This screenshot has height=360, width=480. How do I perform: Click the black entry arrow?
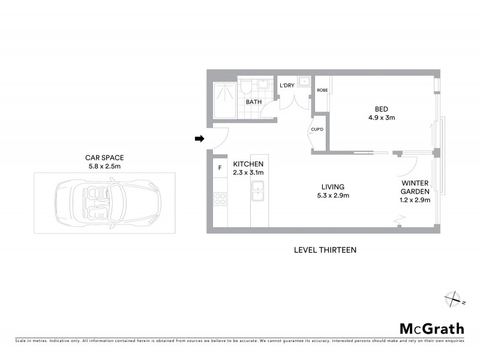point(199,139)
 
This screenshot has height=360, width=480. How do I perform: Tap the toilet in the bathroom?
point(245,89)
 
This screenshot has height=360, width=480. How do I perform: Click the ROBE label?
point(322,90)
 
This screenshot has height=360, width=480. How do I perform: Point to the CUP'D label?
point(317,130)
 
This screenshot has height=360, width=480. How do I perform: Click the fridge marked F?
point(220,167)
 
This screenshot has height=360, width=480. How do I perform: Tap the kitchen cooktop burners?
point(220,199)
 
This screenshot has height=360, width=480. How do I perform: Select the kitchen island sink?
point(259,195)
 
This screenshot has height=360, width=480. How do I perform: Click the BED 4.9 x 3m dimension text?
point(381,118)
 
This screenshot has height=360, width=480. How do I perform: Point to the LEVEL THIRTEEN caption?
point(325,250)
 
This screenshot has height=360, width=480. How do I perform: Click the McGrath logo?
point(432,328)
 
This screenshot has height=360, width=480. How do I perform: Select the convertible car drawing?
point(104,203)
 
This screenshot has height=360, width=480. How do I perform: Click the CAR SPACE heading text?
point(104,158)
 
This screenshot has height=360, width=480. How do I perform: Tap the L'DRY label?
point(287,86)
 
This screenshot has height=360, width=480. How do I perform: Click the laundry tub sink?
point(304,82)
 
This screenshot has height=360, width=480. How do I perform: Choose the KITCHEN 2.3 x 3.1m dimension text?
point(248,168)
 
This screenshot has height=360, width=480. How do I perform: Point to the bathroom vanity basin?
point(263,84)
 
